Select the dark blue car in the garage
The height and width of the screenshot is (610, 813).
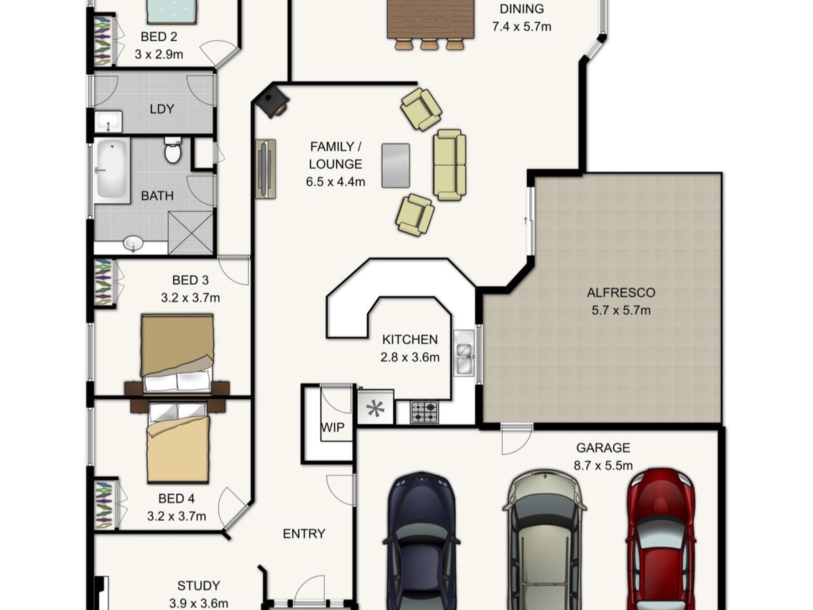click(x=421, y=541)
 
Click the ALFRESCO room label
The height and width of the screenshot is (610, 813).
click(x=621, y=293)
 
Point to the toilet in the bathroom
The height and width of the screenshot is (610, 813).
click(x=173, y=150)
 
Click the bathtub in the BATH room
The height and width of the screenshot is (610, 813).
click(x=112, y=170)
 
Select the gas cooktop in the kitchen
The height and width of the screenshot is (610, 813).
click(x=424, y=412)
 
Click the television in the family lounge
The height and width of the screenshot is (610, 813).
click(x=266, y=169)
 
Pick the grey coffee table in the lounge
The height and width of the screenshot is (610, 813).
click(x=395, y=165)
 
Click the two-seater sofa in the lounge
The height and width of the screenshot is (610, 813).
click(x=449, y=165)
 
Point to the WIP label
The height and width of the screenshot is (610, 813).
click(x=332, y=427)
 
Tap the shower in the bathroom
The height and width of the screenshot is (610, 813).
click(x=190, y=233)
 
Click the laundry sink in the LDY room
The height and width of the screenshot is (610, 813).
click(x=108, y=122)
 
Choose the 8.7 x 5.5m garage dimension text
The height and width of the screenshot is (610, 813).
click(x=603, y=465)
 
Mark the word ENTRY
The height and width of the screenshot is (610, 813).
click(x=304, y=533)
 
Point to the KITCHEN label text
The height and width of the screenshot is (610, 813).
click(x=409, y=339)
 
